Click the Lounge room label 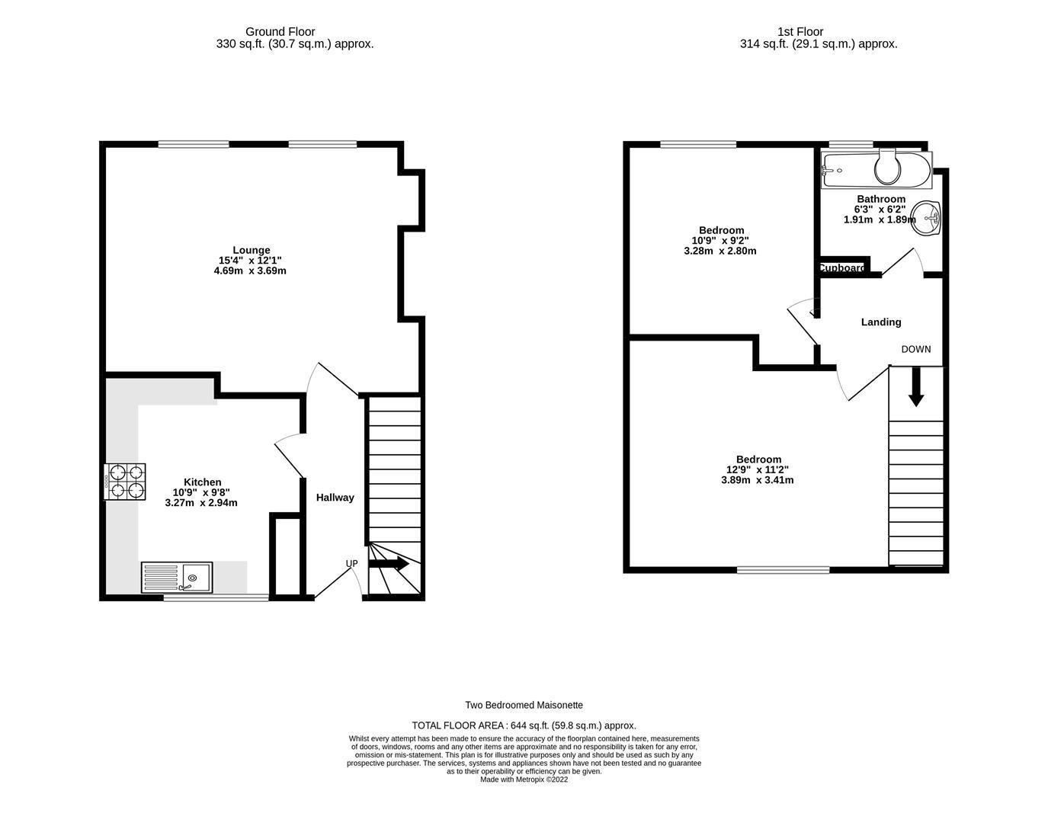[x=251, y=250]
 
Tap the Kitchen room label [x=202, y=482]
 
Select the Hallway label [x=335, y=498]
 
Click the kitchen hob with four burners [x=125, y=482]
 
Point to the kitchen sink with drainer [x=177, y=578]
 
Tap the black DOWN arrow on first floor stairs [x=916, y=387]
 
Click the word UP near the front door [x=351, y=564]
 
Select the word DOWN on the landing [x=915, y=350]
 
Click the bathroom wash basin [x=927, y=219]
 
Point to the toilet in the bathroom [x=887, y=168]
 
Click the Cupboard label [x=842, y=268]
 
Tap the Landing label [x=881, y=322]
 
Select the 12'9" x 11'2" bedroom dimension [x=757, y=470]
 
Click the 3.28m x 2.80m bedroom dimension [x=720, y=251]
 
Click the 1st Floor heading [x=800, y=31]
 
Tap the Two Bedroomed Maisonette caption [x=524, y=706]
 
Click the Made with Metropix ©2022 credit [x=524, y=780]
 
